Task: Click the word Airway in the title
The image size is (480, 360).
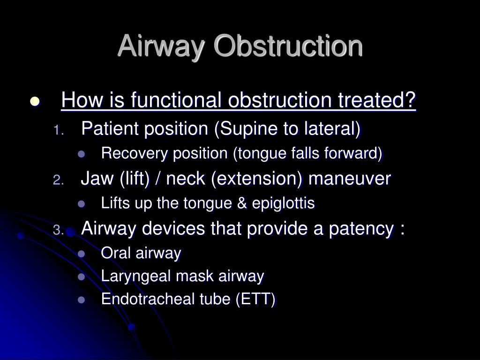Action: click(161, 46)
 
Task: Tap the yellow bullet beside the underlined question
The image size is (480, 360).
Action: click(35, 101)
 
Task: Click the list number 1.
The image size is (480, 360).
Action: click(59, 130)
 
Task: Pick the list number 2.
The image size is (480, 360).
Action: click(59, 180)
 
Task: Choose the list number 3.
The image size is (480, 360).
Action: click(59, 230)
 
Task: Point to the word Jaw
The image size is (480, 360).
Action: click(97, 178)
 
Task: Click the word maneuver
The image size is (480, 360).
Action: click(350, 179)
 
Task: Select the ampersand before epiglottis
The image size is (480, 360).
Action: click(242, 203)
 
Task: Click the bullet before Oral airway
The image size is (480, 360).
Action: click(82, 254)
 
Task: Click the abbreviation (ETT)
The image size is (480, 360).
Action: click(255, 299)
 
